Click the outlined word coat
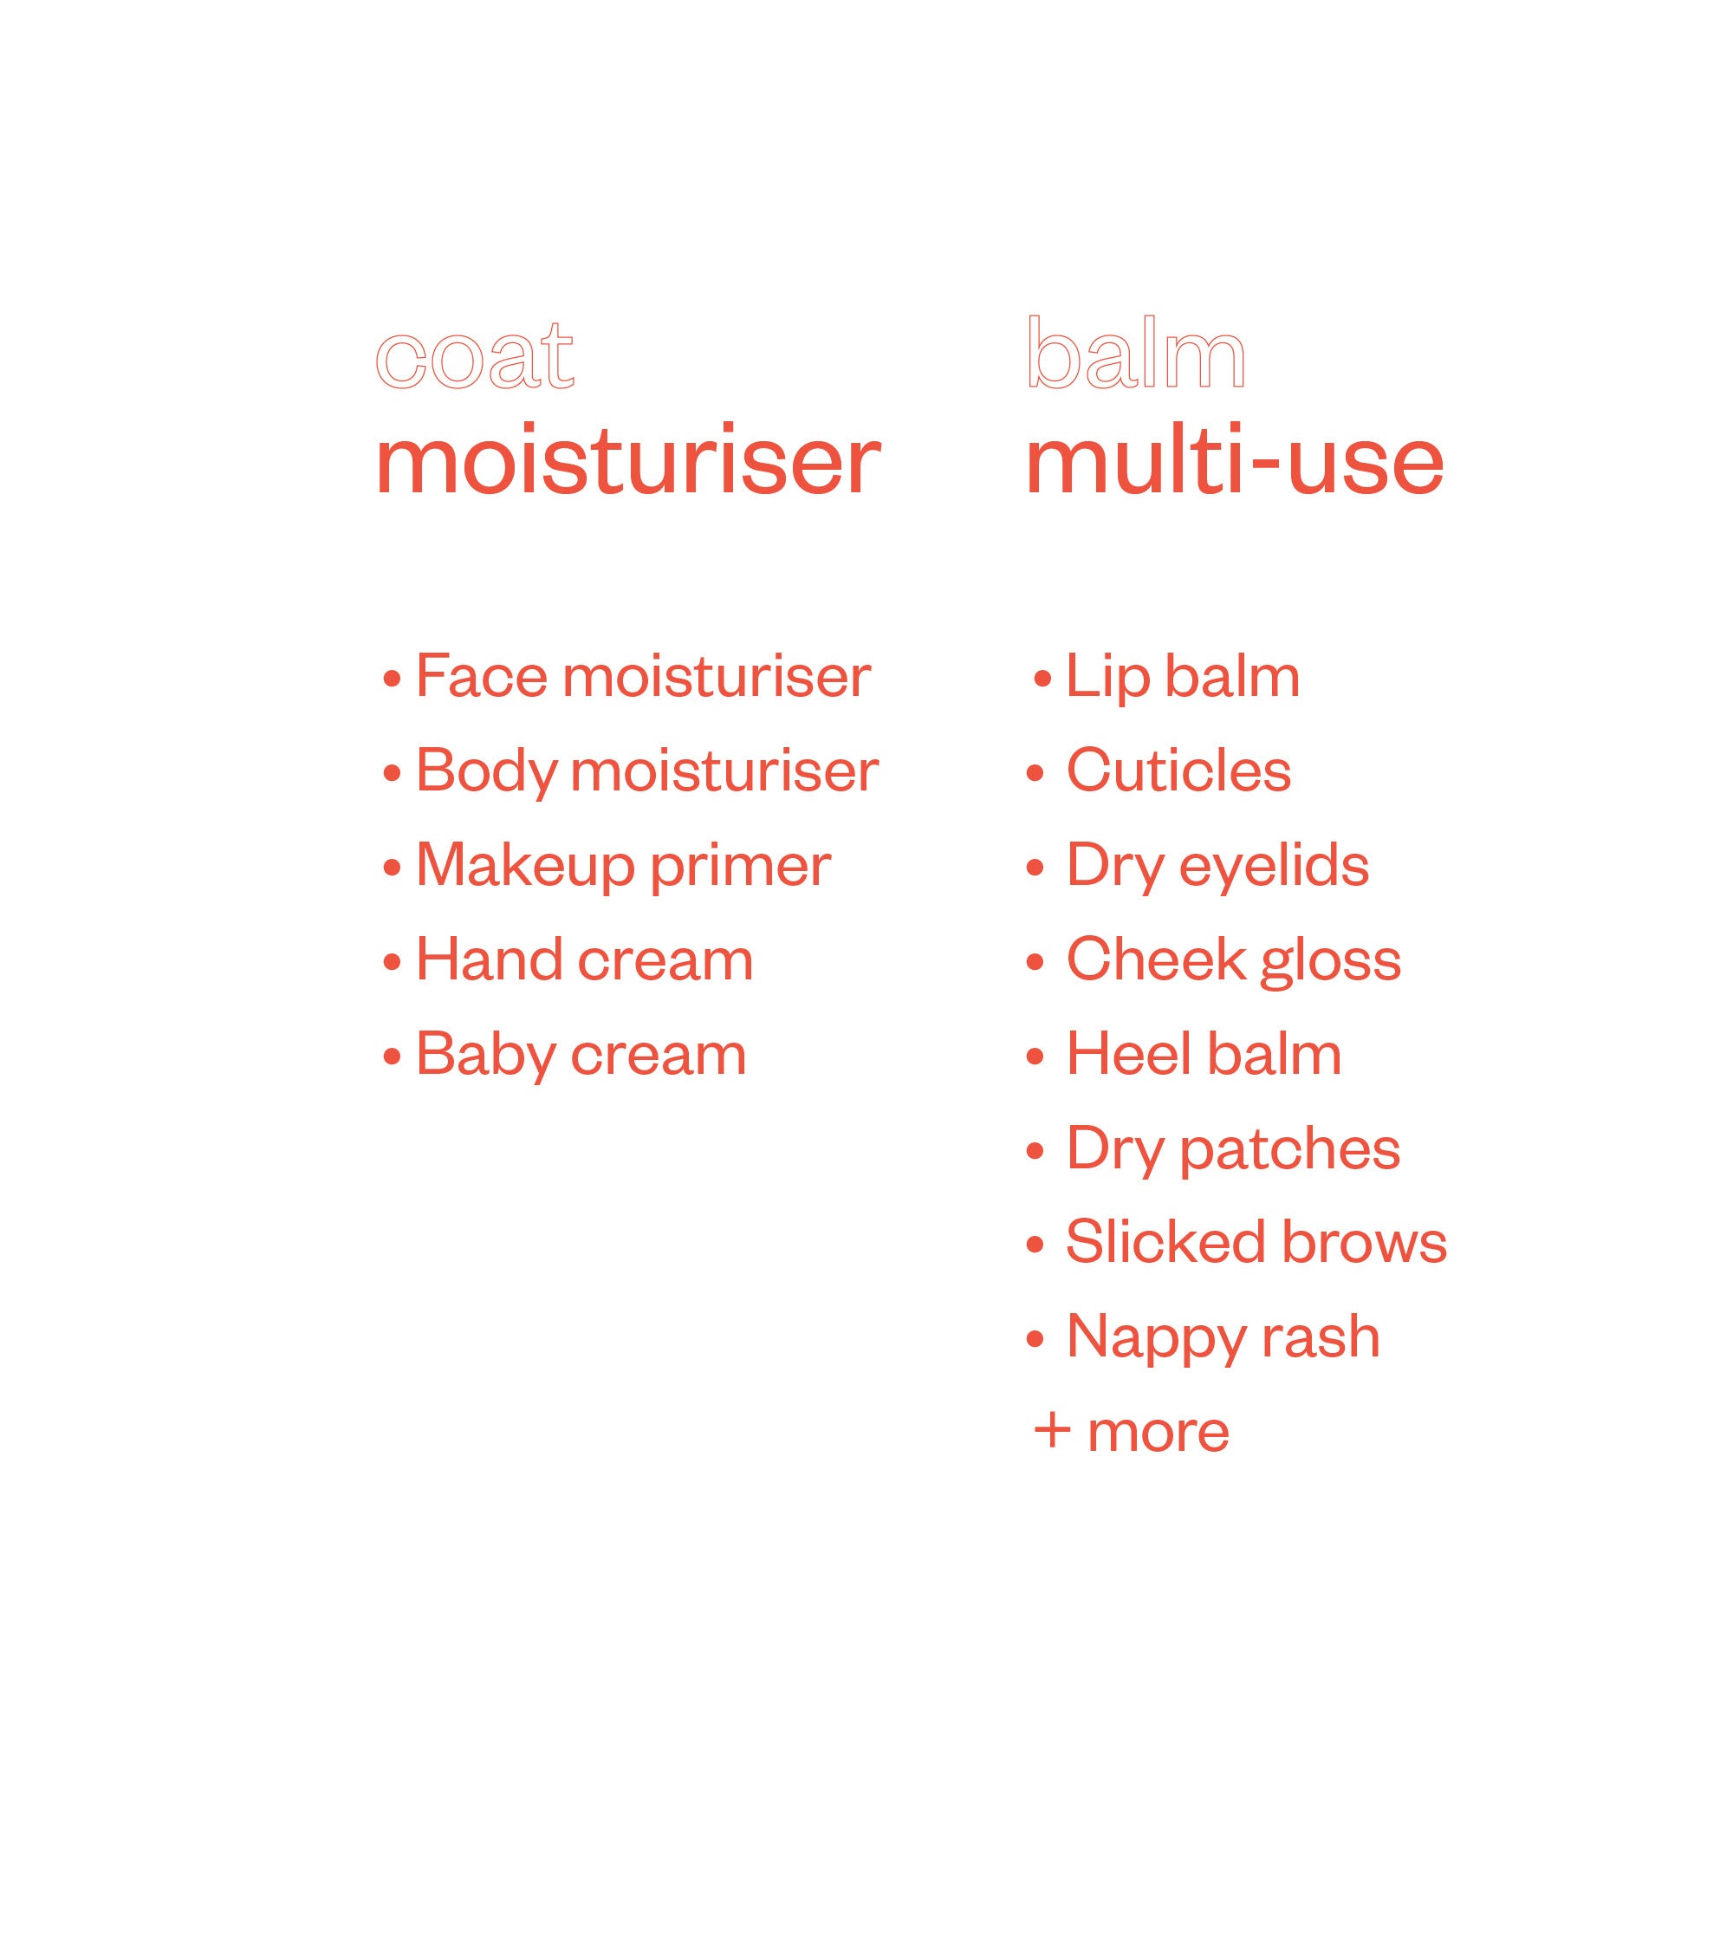474,357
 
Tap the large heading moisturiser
628,461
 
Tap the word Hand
490,959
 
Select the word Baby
486,1056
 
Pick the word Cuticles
1178,771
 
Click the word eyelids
1274,867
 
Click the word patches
1289,1149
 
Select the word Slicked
1165,1242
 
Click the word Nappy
1156,1338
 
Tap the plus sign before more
1052,1432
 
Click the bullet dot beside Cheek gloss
1035,964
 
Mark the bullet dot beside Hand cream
392,963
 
